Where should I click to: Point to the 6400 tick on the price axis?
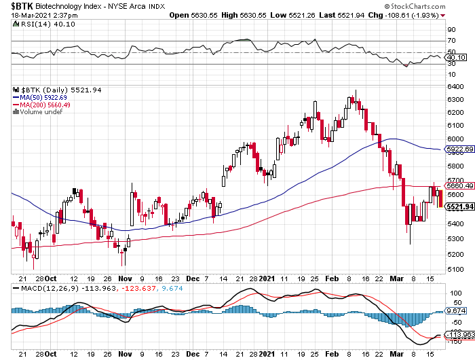point(455,86)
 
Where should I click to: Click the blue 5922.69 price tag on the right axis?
point(459,148)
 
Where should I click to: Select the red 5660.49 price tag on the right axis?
point(459,186)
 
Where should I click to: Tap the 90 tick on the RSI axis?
point(450,30)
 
